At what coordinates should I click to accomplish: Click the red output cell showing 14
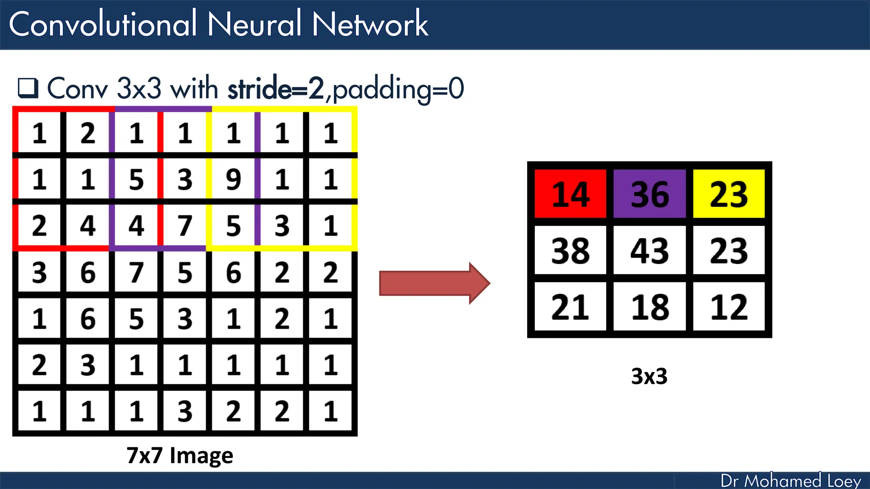(x=570, y=194)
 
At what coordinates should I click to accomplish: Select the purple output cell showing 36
(x=650, y=194)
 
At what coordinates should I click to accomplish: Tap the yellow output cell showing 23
(x=729, y=194)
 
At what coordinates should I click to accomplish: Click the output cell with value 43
(x=650, y=250)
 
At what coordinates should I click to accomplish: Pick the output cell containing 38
(x=570, y=250)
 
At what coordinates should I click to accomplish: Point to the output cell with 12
(x=729, y=306)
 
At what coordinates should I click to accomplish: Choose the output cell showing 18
(x=650, y=306)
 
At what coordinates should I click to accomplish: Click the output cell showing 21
(x=570, y=306)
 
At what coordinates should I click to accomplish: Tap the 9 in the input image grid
(x=233, y=179)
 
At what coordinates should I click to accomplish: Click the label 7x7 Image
(x=180, y=455)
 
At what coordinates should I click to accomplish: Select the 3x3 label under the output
(x=649, y=376)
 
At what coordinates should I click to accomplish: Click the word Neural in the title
(x=254, y=24)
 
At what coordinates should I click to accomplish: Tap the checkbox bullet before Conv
(x=28, y=88)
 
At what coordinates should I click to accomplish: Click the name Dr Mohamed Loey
(x=791, y=481)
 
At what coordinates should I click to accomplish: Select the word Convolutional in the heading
(x=103, y=24)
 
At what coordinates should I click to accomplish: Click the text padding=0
(x=398, y=89)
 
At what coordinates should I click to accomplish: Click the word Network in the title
(x=370, y=24)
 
